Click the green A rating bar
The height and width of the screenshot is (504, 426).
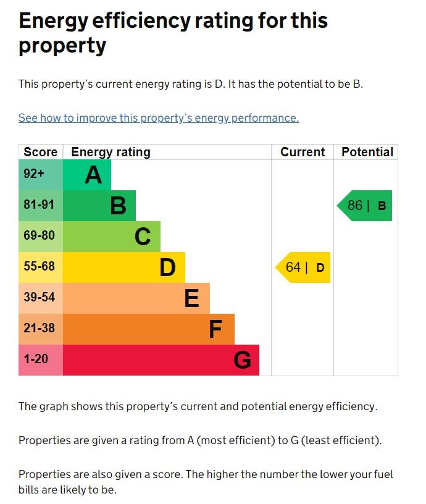pos(87,175)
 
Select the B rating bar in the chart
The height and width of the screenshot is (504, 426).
pos(99,206)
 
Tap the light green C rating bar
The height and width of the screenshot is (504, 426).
pos(112,237)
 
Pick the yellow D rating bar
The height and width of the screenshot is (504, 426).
pos(124,267)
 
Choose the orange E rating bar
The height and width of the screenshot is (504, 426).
pos(136,298)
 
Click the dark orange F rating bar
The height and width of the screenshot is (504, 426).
pos(149,329)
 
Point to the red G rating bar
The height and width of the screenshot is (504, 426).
pos(161,360)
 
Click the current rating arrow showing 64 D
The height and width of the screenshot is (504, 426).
pos(304,267)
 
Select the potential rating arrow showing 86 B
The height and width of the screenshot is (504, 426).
pos(365,206)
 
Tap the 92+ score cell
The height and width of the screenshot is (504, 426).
pos(41,175)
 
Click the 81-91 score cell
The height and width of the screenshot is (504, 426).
pos(41,206)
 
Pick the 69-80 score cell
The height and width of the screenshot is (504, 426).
pos(41,237)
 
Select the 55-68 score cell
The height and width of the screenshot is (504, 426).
pos(41,267)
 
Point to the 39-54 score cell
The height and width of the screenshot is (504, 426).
pos(41,298)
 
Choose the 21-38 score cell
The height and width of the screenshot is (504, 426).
pos(41,329)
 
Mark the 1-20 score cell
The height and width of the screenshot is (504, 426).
pos(41,360)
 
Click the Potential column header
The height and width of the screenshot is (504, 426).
pos(367,152)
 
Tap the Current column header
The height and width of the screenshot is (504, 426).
pos(303,152)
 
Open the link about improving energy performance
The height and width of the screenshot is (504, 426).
pos(159,118)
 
